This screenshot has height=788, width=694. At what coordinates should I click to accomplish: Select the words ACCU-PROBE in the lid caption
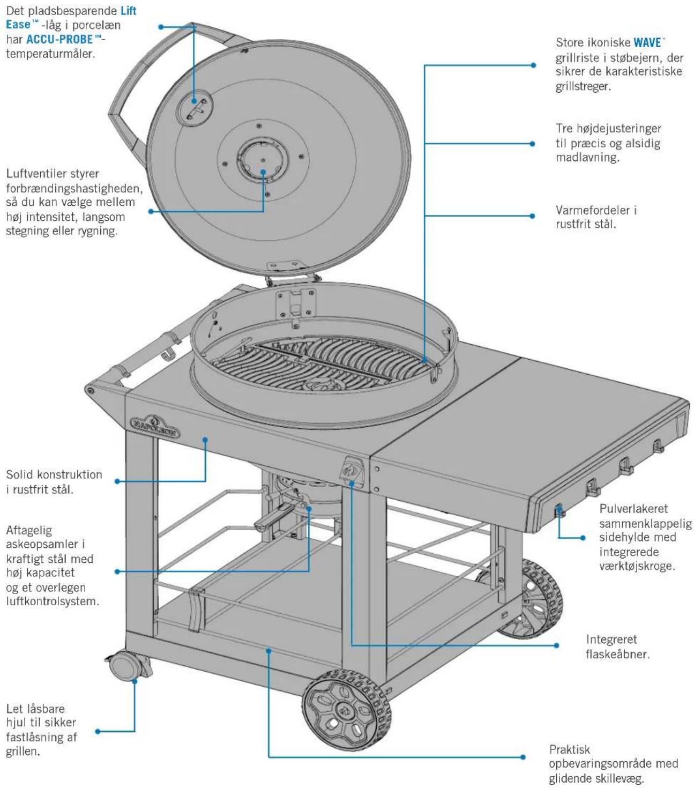pos(59,39)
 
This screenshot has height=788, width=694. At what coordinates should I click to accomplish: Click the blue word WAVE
pos(647,42)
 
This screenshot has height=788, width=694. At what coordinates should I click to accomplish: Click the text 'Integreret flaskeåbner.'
pos(617,647)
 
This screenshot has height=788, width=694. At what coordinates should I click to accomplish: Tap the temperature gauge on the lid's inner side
pos(195,108)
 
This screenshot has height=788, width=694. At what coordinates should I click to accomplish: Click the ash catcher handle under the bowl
pos(274,518)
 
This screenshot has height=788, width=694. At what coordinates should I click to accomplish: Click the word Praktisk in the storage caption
pos(569,749)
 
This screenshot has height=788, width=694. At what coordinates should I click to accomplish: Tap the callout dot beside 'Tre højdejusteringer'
pos(532,144)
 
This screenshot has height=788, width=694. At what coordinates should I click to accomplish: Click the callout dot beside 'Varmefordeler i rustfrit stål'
pos(532,216)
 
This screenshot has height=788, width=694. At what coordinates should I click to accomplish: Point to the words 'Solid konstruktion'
pos(54,474)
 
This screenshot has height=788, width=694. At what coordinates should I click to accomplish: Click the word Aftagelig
pos(29,531)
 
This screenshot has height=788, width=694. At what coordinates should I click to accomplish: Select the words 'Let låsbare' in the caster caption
pos(35,708)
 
